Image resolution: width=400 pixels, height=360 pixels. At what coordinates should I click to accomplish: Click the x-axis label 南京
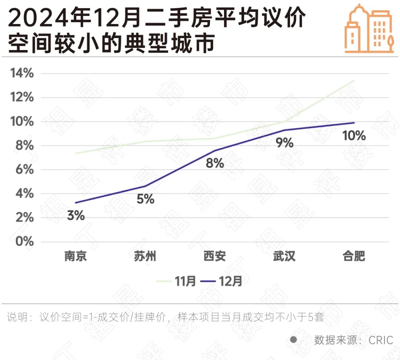76,256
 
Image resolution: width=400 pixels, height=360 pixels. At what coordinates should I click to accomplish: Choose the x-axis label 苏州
145,256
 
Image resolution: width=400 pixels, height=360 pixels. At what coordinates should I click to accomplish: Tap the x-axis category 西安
215,256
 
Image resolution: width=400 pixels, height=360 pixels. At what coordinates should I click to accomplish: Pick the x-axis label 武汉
284,256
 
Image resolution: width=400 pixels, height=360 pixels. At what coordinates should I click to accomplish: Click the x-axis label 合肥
354,256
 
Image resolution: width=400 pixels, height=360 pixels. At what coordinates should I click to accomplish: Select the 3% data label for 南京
76,216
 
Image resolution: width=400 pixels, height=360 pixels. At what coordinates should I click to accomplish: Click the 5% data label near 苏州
145,199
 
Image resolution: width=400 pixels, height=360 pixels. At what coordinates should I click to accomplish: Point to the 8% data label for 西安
215,163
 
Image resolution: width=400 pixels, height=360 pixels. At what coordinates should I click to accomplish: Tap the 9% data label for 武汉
284,142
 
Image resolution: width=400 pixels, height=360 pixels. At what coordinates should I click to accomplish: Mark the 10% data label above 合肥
354,136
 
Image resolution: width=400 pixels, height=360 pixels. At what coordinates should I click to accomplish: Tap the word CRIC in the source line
381,340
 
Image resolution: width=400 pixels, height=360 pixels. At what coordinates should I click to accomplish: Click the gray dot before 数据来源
293,340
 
